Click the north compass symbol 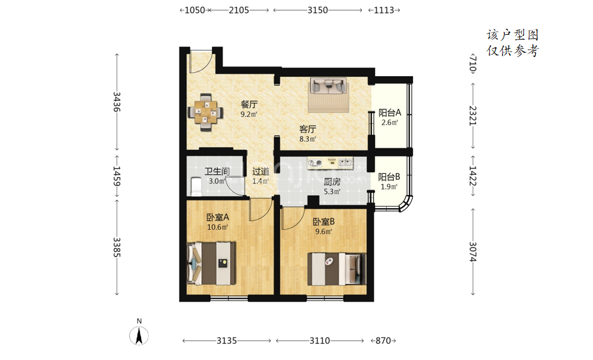[x=139, y=335]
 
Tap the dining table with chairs [x=205, y=112]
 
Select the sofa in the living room [x=328, y=86]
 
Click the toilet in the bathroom [x=196, y=187]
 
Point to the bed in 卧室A [x=211, y=263]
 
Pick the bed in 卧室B [x=337, y=269]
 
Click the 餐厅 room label [x=249, y=104]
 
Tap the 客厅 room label [x=308, y=130]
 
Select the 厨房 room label [x=332, y=182]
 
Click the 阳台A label [x=390, y=113]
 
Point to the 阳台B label [x=389, y=177]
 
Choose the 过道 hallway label [x=260, y=172]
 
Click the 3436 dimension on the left [x=116, y=101]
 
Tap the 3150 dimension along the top [x=318, y=10]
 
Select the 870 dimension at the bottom [x=383, y=341]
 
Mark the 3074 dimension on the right [x=473, y=251]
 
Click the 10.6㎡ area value [x=217, y=227]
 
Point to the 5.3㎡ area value [x=332, y=192]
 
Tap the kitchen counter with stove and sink [x=330, y=163]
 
